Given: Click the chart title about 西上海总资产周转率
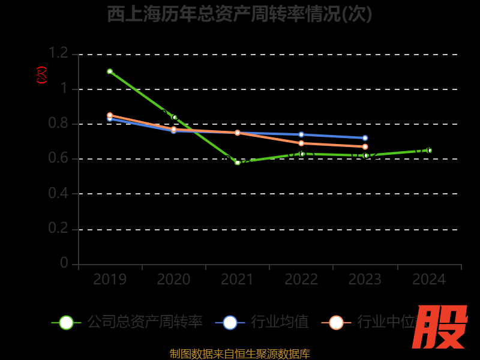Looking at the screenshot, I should [239, 14].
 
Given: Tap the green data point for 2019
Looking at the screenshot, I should [110, 71].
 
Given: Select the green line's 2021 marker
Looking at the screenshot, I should [238, 162].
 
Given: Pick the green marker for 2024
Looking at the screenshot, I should [429, 151].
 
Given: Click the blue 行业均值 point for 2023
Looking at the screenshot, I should [365, 138].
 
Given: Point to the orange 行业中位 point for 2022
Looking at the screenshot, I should [301, 143].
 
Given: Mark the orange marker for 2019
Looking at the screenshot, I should [110, 115].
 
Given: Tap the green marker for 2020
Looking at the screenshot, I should [175, 117].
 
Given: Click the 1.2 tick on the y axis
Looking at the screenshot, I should [58, 53].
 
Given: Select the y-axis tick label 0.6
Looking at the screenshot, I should [58, 158].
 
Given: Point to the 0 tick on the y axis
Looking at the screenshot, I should [64, 263].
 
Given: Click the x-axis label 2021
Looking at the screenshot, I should [238, 280].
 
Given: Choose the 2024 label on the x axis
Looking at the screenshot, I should [429, 280].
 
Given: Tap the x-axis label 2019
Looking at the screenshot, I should [110, 280].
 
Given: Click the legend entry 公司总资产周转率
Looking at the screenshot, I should [145, 322].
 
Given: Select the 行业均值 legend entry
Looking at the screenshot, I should [280, 322].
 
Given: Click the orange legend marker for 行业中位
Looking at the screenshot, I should [336, 322].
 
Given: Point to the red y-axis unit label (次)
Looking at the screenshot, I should [41, 75].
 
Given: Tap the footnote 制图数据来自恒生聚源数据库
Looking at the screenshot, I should [239, 354].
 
